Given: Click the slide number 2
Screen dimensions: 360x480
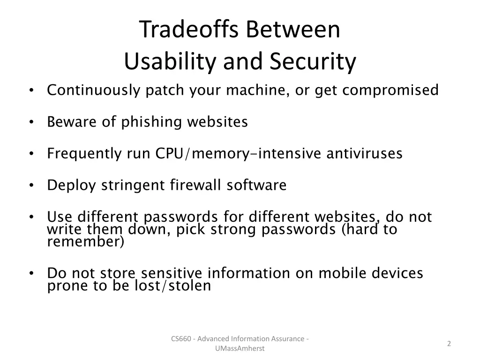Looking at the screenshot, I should [x=449, y=344].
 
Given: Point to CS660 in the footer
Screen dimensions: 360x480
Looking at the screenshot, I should [x=180, y=338].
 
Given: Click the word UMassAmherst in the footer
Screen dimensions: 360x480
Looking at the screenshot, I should [x=240, y=348].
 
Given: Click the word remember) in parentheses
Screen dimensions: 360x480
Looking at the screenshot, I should [x=86, y=242].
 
